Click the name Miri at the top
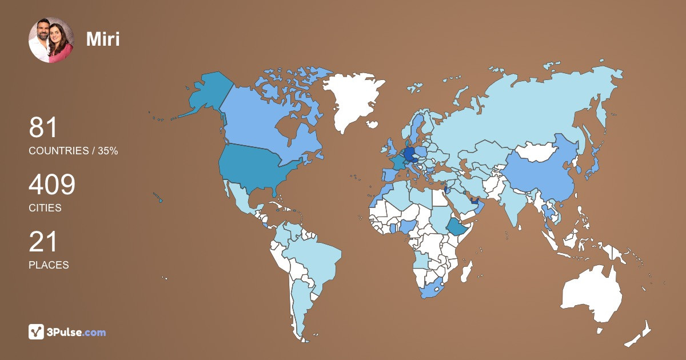(x=103, y=39)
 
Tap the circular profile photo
(x=51, y=40)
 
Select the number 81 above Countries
(x=43, y=128)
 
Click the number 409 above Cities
(x=52, y=185)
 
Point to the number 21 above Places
(x=43, y=242)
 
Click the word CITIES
(x=45, y=208)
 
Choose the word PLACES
(x=49, y=265)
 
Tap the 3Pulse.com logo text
(x=75, y=332)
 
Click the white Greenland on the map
(x=350, y=100)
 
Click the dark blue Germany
(x=409, y=154)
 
